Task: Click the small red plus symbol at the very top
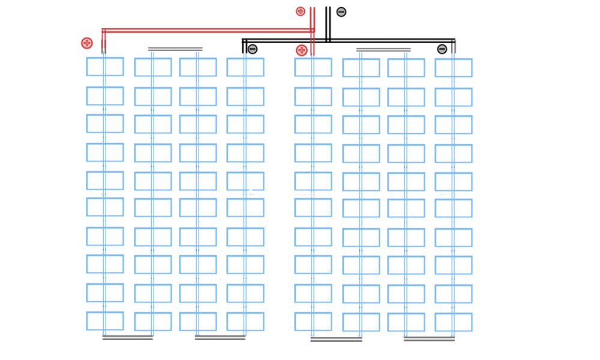[x=301, y=11]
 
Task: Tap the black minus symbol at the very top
[x=341, y=11]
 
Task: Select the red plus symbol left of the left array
[x=87, y=43]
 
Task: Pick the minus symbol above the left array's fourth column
[x=253, y=49]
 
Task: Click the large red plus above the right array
[x=302, y=50]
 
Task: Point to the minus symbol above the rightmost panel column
[x=442, y=49]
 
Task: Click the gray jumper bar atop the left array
[x=175, y=49]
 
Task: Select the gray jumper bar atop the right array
[x=383, y=50]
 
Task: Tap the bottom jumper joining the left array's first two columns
[x=128, y=338]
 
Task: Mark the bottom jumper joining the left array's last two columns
[x=220, y=338]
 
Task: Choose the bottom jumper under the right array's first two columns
[x=336, y=340]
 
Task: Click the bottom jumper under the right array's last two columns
[x=428, y=340]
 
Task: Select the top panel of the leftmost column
[x=105, y=67]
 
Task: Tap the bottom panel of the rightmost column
[x=454, y=322]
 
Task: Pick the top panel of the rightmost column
[x=454, y=68]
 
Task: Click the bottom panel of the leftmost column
[x=105, y=321]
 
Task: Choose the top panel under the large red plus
[x=313, y=67]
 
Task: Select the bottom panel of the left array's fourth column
[x=245, y=322]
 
